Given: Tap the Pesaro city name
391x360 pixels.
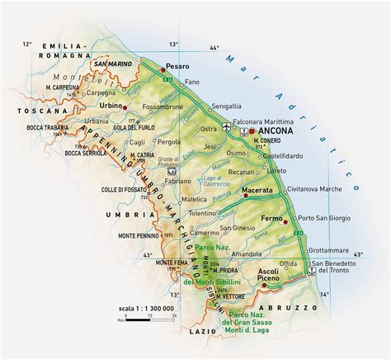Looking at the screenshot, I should pyautogui.click(x=177, y=65).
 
